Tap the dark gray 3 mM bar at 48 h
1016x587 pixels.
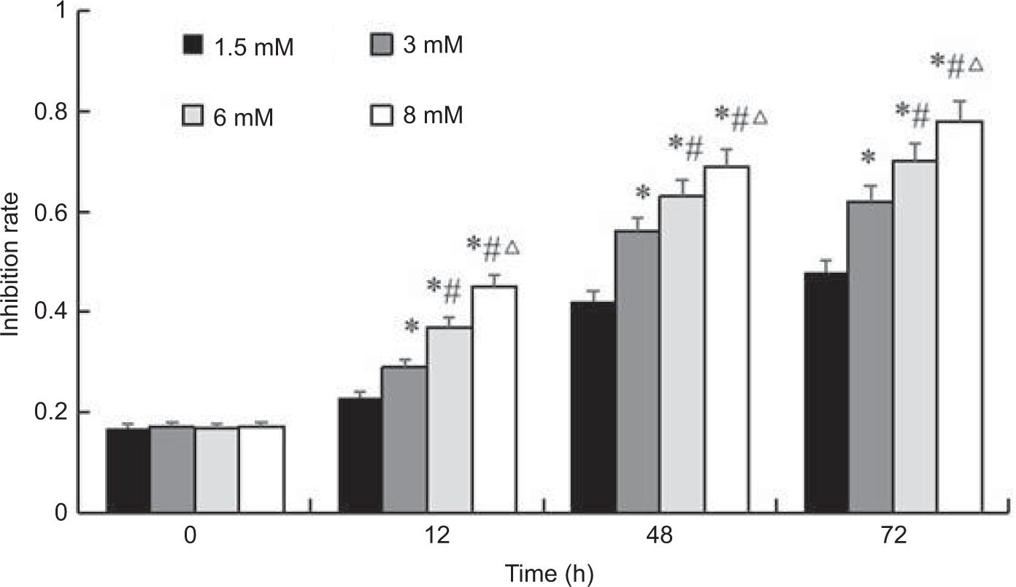[x=637, y=371]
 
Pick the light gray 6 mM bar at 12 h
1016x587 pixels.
[x=449, y=419]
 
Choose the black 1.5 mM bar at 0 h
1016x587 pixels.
[x=128, y=470]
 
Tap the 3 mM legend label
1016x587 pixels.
[x=432, y=46]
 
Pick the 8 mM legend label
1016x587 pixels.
[x=432, y=114]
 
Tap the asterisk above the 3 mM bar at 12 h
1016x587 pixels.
[x=412, y=326]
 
